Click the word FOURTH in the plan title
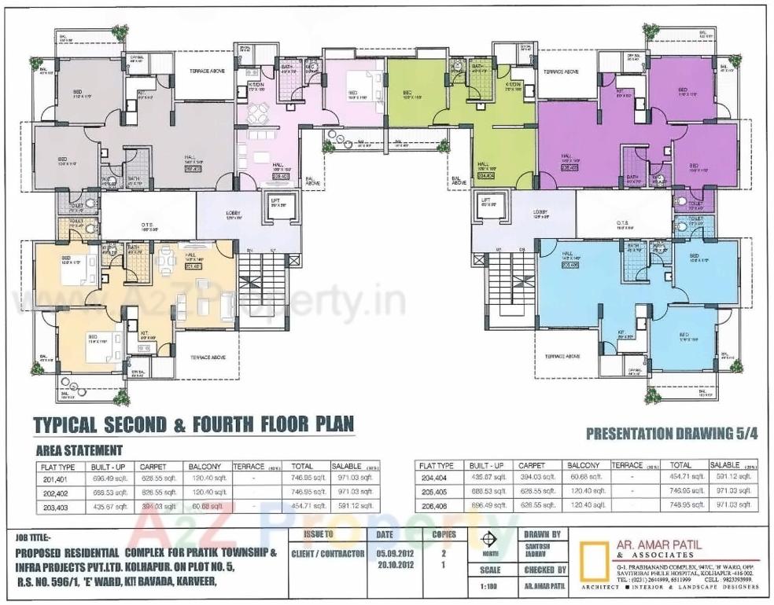(x=224, y=425)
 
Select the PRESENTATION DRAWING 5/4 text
(x=671, y=434)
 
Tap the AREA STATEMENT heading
(x=79, y=450)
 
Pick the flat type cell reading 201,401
(x=58, y=478)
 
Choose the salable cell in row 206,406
(x=735, y=505)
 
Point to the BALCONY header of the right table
(x=583, y=466)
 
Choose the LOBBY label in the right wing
(x=540, y=212)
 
